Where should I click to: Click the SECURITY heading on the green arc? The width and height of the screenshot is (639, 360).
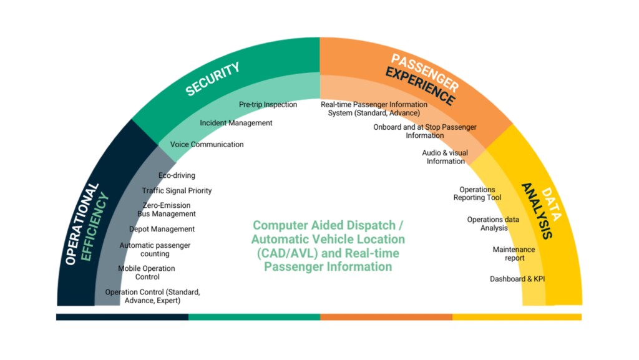point(213,79)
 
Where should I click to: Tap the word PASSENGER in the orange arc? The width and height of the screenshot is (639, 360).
point(425,72)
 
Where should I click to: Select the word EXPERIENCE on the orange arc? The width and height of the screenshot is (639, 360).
point(420,86)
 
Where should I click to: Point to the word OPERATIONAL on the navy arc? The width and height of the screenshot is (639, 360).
point(82,224)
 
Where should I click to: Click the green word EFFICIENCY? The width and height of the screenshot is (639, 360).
point(95,226)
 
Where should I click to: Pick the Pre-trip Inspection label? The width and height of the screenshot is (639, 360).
point(268,105)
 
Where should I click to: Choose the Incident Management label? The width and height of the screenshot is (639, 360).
point(236,123)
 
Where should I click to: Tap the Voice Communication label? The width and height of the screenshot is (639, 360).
point(207,145)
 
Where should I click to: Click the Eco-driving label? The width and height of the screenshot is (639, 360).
point(177,175)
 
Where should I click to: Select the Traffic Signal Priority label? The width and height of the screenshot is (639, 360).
point(177,190)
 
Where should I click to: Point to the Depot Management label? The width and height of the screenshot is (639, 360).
point(162,229)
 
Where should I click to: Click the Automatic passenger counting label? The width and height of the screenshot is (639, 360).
point(155,250)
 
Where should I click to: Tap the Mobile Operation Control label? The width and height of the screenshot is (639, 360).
point(147,273)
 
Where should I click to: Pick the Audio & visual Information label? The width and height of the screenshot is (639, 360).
point(445,157)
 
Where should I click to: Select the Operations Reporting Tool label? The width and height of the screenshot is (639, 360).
point(477,194)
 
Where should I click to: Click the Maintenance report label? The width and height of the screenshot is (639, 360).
point(514,254)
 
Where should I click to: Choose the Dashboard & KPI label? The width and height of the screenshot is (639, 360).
point(517,279)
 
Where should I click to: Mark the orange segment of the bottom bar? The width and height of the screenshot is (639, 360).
point(386,317)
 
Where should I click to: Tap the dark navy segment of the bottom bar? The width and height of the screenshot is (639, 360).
point(122,317)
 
